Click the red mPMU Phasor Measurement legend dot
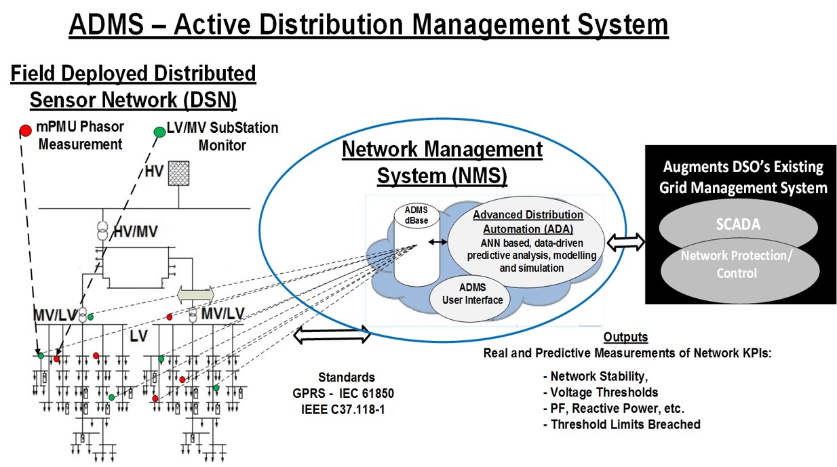25,129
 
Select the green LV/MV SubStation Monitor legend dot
159,131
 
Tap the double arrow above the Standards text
332,333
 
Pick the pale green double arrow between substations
195,294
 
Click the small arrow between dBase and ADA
437,242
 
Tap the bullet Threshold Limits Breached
625,424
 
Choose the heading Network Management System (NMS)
442,162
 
